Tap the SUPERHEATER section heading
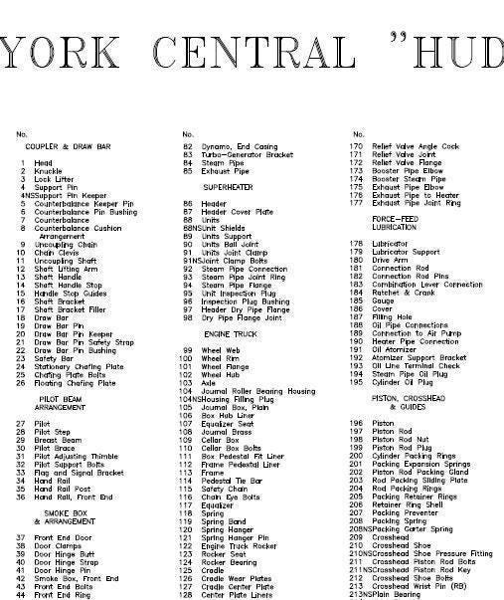click(229, 186)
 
